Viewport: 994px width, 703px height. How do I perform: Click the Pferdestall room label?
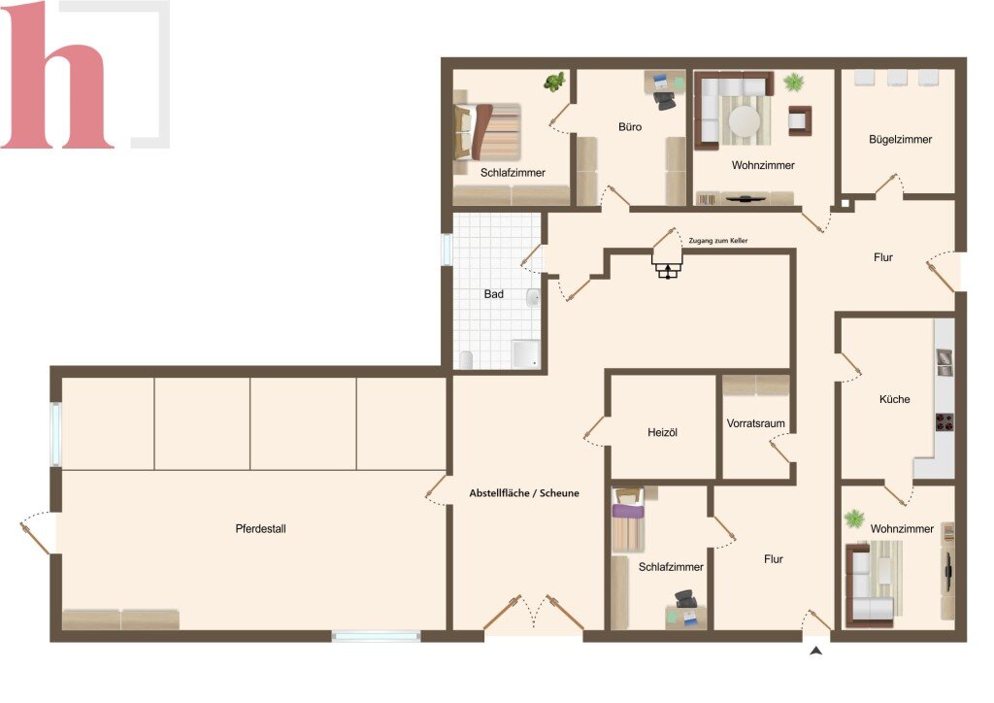tap(260, 528)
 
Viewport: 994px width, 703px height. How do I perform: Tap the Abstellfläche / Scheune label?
tap(524, 493)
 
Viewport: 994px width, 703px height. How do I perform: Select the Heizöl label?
tap(662, 433)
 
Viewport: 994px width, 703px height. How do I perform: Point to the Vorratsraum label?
tap(755, 423)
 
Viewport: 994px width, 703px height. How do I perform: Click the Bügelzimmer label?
tap(900, 140)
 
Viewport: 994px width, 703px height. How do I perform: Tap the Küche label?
tap(894, 399)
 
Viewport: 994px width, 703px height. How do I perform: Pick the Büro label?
tap(629, 127)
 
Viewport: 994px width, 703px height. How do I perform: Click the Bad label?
tap(494, 294)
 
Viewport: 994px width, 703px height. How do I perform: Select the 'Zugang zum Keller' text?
tap(718, 241)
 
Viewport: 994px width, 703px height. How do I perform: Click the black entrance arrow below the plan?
tap(815, 651)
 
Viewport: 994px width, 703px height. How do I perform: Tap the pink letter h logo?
tap(58, 75)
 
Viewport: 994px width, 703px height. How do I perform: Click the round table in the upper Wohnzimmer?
tap(745, 119)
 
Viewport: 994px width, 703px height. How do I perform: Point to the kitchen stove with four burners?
tap(944, 422)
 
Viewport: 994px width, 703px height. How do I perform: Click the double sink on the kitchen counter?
tap(944, 362)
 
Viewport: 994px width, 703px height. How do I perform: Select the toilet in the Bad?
tap(467, 360)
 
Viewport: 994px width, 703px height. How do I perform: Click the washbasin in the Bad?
tap(533, 297)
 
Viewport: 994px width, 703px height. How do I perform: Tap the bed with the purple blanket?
tap(628, 520)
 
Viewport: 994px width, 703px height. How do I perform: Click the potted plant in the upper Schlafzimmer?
tap(555, 83)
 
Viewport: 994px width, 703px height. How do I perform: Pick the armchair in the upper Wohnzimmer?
tap(800, 120)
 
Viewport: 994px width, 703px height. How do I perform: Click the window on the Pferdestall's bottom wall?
tap(376, 636)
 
